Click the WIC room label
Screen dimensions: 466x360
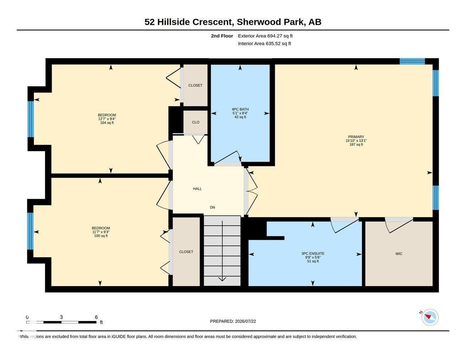click(x=399, y=254)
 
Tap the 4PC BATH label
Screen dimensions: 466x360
click(x=240, y=109)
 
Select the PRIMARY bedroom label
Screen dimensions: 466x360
click(x=356, y=137)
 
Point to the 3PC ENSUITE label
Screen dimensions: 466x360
click(x=313, y=253)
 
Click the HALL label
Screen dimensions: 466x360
click(x=197, y=189)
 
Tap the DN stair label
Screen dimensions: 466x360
click(x=212, y=207)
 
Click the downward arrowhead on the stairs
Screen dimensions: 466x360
click(x=222, y=279)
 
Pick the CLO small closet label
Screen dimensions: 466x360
click(x=196, y=122)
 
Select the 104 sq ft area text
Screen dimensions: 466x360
click(x=107, y=123)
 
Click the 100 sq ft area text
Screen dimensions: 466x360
click(x=101, y=236)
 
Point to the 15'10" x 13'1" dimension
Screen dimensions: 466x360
click(x=356, y=141)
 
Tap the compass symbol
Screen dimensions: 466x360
click(x=430, y=317)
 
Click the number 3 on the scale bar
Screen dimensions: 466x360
click(x=61, y=317)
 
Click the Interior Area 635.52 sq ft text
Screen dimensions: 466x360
click(x=264, y=44)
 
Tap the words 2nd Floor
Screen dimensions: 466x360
click(x=222, y=36)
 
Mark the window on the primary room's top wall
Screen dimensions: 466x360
click(x=412, y=61)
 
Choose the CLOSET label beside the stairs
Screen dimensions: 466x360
click(x=186, y=252)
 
